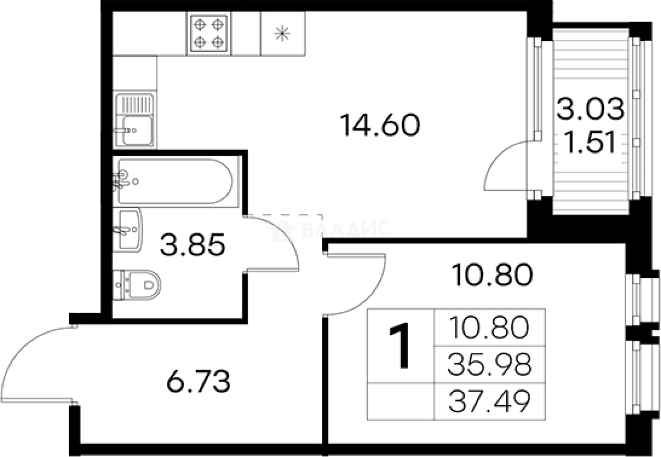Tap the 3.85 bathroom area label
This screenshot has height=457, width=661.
(193, 245)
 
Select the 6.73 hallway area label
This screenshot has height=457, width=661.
(198, 382)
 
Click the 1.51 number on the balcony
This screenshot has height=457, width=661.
(590, 142)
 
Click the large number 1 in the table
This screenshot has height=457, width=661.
(400, 345)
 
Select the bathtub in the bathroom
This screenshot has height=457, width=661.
(174, 181)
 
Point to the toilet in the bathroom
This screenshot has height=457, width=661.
(140, 285)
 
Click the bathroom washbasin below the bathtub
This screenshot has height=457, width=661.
(128, 230)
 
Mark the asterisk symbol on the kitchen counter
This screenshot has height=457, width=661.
(283, 33)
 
